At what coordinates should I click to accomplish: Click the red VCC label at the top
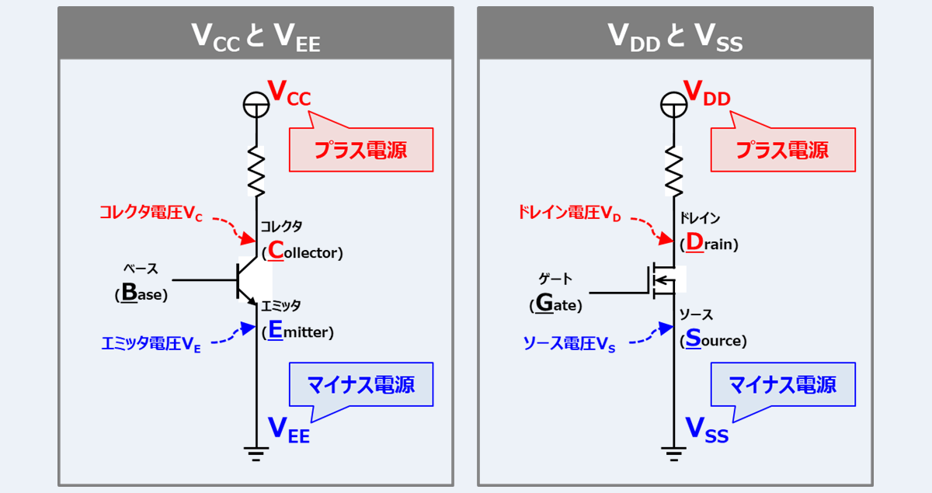tap(288, 93)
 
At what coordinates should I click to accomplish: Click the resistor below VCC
tap(256, 172)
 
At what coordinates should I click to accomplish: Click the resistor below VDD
tap(674, 172)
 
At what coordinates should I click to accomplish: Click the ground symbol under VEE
tap(256, 453)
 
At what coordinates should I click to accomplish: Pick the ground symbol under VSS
tap(674, 453)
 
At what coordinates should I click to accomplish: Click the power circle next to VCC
tap(256, 103)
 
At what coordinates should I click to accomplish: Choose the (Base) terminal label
tap(141, 295)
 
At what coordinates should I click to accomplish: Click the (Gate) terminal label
tap(556, 304)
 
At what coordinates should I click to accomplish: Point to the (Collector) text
tap(302, 252)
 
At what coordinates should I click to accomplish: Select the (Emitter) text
tap(297, 332)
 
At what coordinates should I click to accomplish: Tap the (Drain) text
tap(709, 244)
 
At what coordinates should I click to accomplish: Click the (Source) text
tap(713, 340)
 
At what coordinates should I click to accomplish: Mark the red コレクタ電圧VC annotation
tap(151, 214)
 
